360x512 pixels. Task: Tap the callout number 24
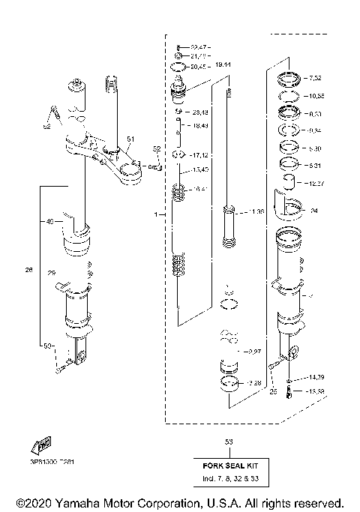(314, 211)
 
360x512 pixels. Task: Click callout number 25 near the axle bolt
(273, 391)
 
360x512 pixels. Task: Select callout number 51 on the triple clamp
(130, 139)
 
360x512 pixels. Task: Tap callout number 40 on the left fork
(50, 222)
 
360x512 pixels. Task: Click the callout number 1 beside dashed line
(156, 214)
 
